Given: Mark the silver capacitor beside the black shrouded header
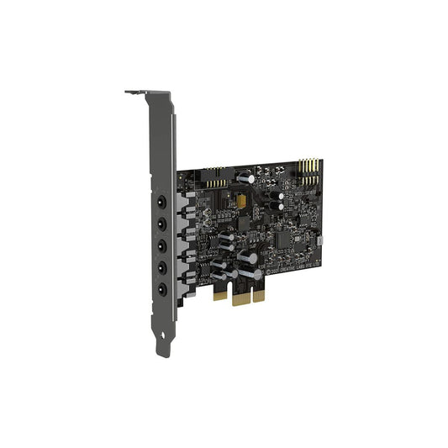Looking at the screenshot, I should click(x=243, y=178).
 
